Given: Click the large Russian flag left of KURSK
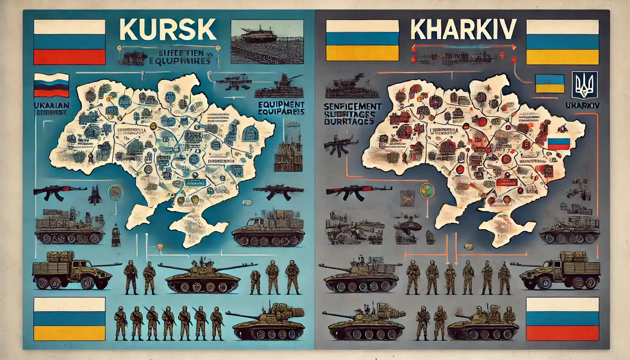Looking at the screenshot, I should click(x=69, y=42).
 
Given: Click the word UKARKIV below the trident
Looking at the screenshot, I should click(x=581, y=105).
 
